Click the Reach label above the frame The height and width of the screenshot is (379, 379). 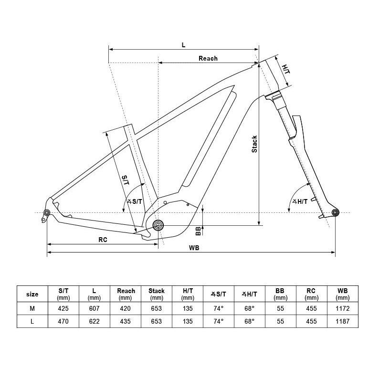[208, 58]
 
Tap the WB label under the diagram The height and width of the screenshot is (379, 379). [194, 248]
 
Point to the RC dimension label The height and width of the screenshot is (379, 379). [103, 240]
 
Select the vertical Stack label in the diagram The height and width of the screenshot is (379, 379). [254, 144]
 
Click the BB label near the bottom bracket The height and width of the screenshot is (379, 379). [198, 231]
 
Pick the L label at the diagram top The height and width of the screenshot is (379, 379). [183, 45]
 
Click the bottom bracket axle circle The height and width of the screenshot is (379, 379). [158, 225]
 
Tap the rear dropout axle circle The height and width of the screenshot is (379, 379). [47, 213]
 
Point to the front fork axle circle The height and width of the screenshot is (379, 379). [335, 213]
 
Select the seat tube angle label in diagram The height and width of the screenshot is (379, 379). [135, 201]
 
